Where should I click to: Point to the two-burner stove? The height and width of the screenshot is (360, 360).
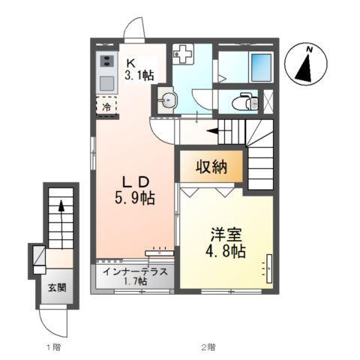[x=106, y=61]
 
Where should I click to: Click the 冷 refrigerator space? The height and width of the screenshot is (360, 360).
[x=107, y=107]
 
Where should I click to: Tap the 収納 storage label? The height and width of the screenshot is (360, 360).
[x=211, y=166]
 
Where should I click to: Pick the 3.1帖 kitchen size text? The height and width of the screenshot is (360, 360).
[x=139, y=76]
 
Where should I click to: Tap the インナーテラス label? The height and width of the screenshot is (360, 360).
[x=136, y=272]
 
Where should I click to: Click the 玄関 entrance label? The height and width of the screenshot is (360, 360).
[x=57, y=286]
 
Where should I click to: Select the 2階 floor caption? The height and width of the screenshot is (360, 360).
[x=207, y=346]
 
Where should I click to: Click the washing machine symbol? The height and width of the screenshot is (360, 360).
[x=182, y=54]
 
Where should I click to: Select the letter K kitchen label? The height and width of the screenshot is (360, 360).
[x=129, y=62]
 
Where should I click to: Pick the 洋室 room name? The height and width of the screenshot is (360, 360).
[x=226, y=233]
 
